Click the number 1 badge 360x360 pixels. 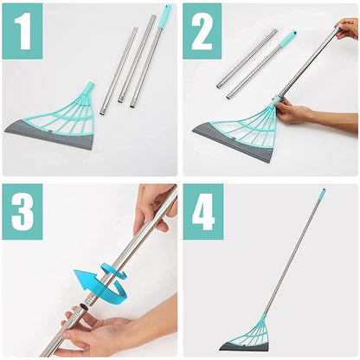click(22, 31)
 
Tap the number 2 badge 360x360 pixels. click(202, 31)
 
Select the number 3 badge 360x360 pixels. click(22, 211)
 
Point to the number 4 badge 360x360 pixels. click(202, 211)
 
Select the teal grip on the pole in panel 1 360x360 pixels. click(164, 13)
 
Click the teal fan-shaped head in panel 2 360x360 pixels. click(247, 121)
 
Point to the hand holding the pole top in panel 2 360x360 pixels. click(347, 29)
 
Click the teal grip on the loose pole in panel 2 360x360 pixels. click(288, 37)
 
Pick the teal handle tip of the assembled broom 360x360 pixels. click(321, 195)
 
